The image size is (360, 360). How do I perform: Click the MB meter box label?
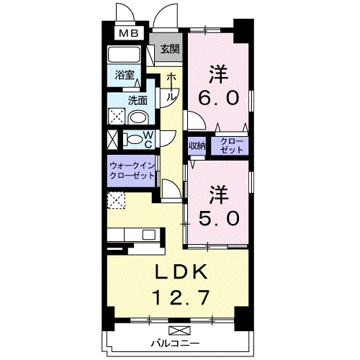click(129, 33)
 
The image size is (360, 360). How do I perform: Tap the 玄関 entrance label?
click(170, 50)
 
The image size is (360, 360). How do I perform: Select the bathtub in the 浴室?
click(124, 55)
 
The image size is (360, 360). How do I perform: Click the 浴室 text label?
click(125, 75)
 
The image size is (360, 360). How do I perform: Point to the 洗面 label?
click(138, 101)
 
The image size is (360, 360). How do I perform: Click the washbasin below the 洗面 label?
click(138, 117)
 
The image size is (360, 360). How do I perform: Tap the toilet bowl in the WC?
click(132, 140)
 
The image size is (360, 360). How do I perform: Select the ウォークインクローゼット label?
click(132, 171)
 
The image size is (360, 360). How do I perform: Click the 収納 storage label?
click(197, 145)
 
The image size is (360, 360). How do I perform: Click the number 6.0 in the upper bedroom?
click(218, 98)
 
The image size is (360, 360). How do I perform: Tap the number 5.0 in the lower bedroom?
click(219, 218)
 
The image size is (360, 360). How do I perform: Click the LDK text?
click(181, 271)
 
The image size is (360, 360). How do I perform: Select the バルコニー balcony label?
click(175, 343)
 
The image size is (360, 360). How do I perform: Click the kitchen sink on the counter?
click(148, 235)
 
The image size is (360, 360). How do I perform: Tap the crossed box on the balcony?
click(179, 330)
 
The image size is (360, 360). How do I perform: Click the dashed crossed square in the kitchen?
click(116, 200)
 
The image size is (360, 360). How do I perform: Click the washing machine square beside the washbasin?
click(117, 117)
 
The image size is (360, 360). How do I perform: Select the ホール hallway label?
click(171, 86)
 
